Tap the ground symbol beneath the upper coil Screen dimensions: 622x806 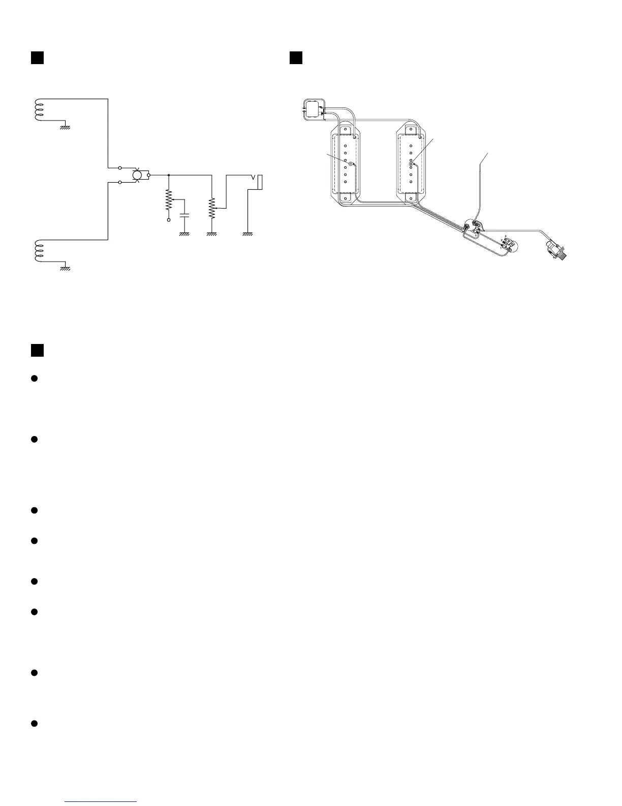click(65, 127)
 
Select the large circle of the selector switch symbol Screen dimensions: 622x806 click(137, 175)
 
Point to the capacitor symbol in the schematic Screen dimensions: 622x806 click(184, 215)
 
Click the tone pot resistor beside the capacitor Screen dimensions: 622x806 click(169, 201)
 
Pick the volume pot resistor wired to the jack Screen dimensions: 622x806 click(211, 207)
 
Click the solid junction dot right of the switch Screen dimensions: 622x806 click(169, 175)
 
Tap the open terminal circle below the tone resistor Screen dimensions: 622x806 click(169, 220)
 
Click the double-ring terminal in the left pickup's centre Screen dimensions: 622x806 click(351, 164)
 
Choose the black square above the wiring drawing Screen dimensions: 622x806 click(296, 57)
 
